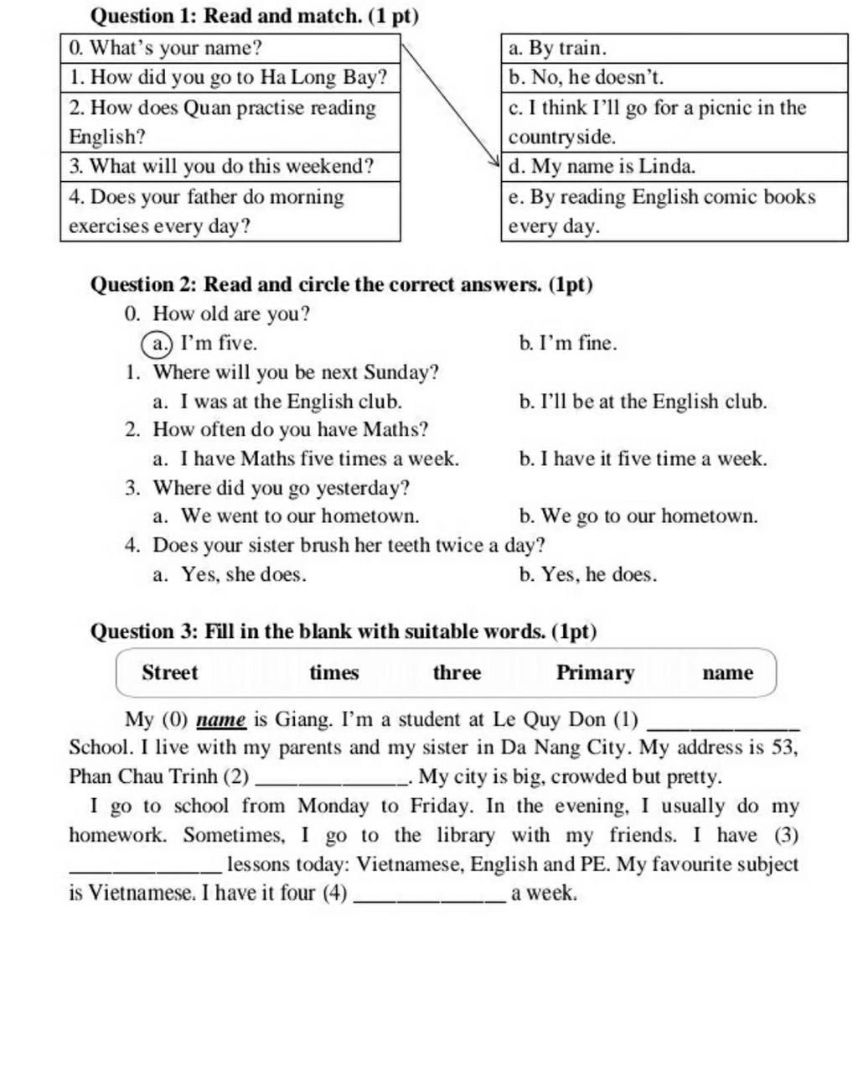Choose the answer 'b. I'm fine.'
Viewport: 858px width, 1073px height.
(568, 343)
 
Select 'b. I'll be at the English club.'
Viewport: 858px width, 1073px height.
(643, 402)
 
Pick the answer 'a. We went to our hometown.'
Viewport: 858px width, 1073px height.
(286, 516)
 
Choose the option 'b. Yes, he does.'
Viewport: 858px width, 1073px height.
(588, 574)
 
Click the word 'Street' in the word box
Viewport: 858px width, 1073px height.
(170, 672)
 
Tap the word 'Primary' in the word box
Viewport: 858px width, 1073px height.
(596, 672)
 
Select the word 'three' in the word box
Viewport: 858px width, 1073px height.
(457, 672)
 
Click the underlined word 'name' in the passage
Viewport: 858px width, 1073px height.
(220, 719)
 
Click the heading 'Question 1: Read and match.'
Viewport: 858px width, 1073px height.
(254, 15)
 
